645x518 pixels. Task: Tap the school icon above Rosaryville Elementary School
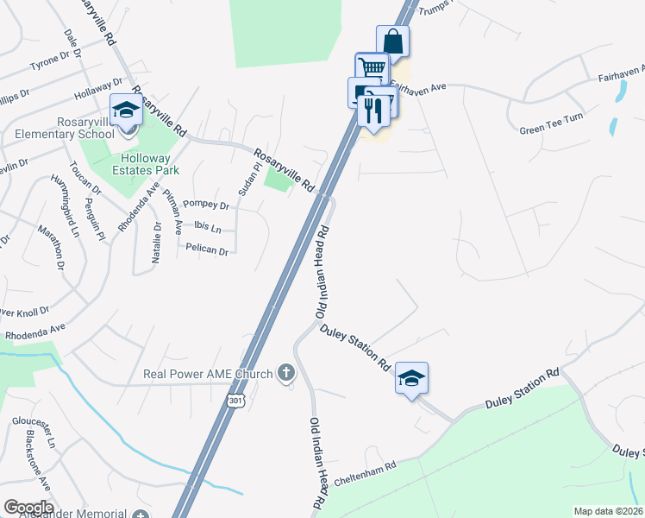click(x=126, y=110)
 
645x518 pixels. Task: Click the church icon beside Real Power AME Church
click(x=286, y=374)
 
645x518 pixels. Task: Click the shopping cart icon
click(x=372, y=68)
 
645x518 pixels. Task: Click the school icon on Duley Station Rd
click(x=412, y=378)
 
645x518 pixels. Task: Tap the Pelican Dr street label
click(x=207, y=250)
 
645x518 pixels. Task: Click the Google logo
click(x=28, y=508)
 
